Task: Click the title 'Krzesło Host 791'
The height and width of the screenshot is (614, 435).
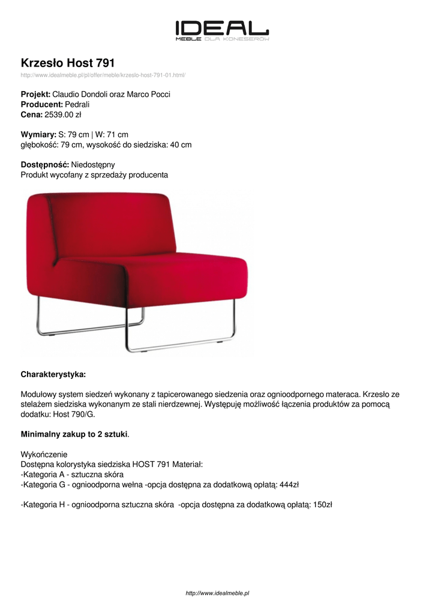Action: (68, 62)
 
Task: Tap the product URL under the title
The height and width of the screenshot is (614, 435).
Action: (103, 75)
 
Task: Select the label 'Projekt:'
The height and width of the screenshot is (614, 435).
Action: (35, 94)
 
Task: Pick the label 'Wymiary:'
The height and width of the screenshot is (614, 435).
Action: (38, 135)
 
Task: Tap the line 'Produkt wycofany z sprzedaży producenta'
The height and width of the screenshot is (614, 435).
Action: (94, 174)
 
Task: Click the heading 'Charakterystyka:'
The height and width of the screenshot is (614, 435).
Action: (53, 374)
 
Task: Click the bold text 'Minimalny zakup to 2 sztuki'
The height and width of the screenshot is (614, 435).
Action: (74, 434)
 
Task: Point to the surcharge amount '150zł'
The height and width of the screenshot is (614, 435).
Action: (322, 504)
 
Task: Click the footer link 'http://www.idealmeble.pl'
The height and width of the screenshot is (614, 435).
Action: (218, 592)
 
